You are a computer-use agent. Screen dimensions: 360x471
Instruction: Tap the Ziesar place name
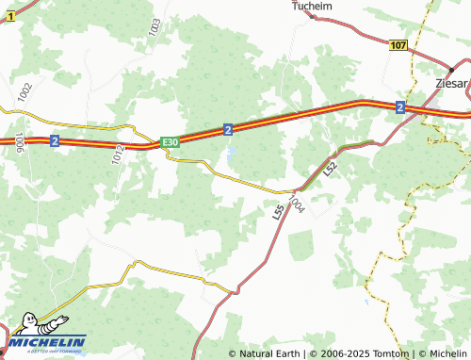[x=452, y=84]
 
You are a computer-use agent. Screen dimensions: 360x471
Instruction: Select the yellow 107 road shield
[x=398, y=45]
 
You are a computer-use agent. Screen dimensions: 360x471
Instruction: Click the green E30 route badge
[x=170, y=141]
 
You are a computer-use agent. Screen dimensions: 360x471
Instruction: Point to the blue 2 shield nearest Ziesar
[x=400, y=107]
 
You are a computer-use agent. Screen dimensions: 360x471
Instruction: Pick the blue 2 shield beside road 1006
[x=55, y=140]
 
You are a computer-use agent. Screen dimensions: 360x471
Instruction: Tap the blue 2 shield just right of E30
[x=229, y=129]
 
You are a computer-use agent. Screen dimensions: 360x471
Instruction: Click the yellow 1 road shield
[x=9, y=17]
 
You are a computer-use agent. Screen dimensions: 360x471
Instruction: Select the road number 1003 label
[x=154, y=27]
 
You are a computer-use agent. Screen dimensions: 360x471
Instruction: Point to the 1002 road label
[x=24, y=93]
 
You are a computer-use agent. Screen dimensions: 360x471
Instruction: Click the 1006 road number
[x=20, y=142]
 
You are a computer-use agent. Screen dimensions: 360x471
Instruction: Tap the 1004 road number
[x=298, y=203]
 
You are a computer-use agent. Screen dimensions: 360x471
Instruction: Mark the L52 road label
[x=330, y=169]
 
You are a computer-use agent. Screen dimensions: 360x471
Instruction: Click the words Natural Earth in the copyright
[x=269, y=353]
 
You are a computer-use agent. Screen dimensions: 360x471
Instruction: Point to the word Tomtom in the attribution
[x=391, y=353]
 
